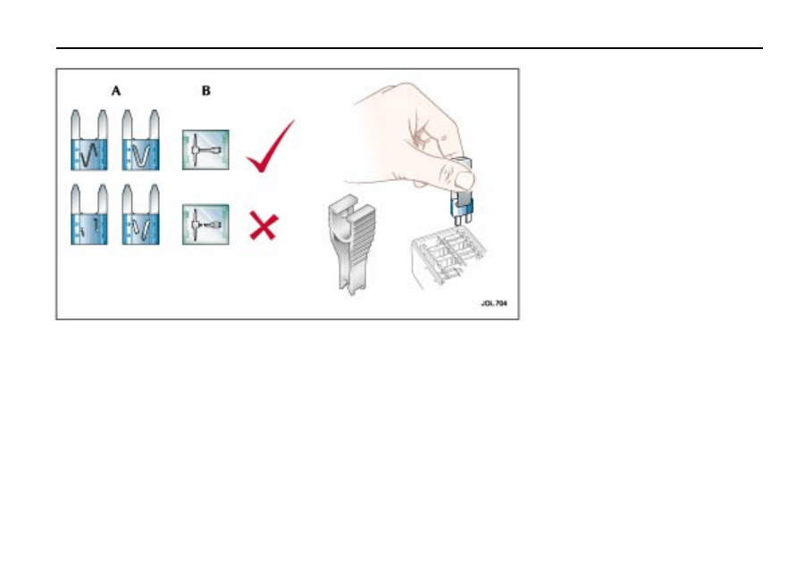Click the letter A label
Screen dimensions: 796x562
(116, 91)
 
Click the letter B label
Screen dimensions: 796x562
(205, 91)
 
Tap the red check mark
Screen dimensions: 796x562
(269, 148)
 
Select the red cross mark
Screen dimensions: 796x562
(264, 226)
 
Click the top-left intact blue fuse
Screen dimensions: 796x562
(88, 140)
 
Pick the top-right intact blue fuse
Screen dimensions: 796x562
(140, 140)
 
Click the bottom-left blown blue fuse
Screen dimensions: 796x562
(88, 215)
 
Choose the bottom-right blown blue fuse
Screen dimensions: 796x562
(140, 215)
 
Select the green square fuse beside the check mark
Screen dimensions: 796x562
(205, 150)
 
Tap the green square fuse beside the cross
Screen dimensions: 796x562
(205, 225)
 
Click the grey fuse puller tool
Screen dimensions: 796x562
(351, 244)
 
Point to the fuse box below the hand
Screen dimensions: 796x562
(447, 257)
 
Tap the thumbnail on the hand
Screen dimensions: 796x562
(465, 180)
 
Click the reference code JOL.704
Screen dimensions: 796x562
(493, 303)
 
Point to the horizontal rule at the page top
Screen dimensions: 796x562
(409, 48)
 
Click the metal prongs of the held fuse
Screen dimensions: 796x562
(463, 219)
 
